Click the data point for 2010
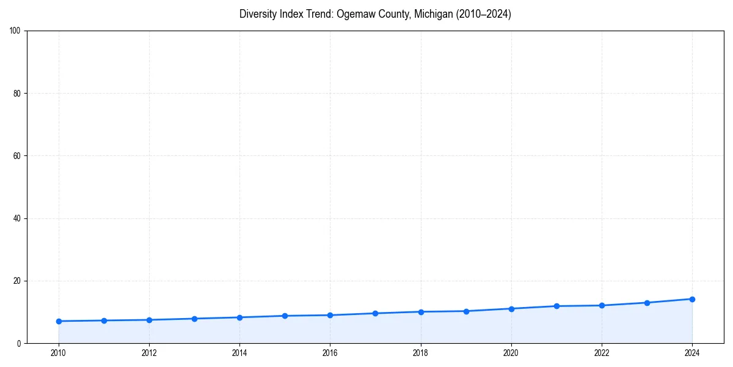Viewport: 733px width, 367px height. tap(59, 321)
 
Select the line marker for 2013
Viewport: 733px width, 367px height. tap(194, 319)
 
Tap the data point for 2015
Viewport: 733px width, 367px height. tap(285, 316)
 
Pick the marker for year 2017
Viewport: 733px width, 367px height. tap(375, 313)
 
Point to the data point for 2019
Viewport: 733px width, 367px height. tap(466, 311)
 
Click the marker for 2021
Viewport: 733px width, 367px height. tap(556, 306)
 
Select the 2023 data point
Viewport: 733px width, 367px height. tap(647, 303)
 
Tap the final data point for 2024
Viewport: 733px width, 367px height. tap(692, 299)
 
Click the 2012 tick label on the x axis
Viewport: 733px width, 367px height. tap(149, 353)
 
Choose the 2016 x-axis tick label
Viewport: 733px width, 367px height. tap(330, 353)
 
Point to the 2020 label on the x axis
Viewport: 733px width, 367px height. tap(511, 353)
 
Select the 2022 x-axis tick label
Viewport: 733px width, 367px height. tap(602, 353)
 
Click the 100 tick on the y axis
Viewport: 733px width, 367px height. tap(16, 31)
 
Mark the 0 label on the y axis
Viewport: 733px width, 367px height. tap(20, 344)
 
